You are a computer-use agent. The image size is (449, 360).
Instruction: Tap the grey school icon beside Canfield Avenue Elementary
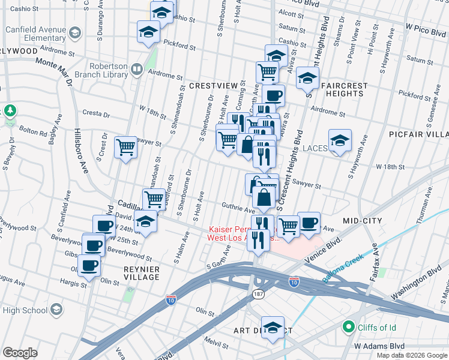coord(75,32)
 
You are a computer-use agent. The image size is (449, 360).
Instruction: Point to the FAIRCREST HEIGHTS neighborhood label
coord(344,89)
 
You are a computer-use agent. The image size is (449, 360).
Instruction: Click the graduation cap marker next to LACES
coord(340,142)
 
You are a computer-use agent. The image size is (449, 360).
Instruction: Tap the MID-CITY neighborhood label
coord(362,221)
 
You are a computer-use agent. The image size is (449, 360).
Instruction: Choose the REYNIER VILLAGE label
coord(142,273)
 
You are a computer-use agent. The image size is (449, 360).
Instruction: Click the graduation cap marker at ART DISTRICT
coord(273,328)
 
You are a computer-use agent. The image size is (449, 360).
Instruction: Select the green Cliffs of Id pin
coord(348,327)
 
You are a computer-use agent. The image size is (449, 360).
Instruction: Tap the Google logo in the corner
coord(20,353)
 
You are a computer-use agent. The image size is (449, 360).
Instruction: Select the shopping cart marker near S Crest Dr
coord(126,146)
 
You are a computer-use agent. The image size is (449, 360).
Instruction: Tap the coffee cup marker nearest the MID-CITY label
coord(309,223)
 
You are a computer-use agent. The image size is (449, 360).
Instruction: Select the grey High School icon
coord(56,310)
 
